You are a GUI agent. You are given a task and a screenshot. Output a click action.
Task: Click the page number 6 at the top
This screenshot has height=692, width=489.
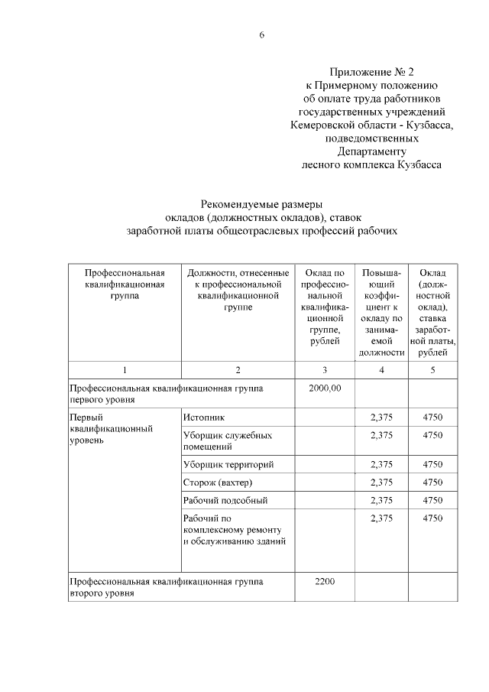(x=261, y=35)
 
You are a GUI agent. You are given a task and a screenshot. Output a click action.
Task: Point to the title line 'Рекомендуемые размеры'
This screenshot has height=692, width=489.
(x=261, y=203)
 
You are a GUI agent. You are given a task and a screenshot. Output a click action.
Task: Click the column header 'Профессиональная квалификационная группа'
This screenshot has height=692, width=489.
(x=124, y=284)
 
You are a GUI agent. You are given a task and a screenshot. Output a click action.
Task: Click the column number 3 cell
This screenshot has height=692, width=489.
(x=325, y=370)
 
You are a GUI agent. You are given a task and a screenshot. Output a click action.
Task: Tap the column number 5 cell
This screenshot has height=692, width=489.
(x=432, y=370)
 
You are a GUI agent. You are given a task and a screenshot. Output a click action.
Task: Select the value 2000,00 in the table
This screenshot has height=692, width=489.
(x=325, y=388)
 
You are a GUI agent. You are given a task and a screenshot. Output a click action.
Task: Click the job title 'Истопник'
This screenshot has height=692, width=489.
(x=204, y=417)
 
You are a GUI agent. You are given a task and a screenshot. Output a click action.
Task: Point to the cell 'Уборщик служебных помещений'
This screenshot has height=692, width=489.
(x=218, y=440)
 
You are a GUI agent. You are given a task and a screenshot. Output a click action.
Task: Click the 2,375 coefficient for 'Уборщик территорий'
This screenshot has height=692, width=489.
(x=381, y=464)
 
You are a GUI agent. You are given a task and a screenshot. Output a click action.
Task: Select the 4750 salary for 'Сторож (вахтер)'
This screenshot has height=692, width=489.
(x=432, y=482)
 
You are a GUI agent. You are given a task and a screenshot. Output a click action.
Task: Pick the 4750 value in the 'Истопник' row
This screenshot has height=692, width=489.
(x=432, y=417)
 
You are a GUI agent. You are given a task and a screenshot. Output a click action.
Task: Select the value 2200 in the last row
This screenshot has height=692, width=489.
(x=325, y=581)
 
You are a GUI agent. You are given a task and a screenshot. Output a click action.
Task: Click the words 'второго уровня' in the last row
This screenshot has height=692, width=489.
(x=102, y=593)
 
